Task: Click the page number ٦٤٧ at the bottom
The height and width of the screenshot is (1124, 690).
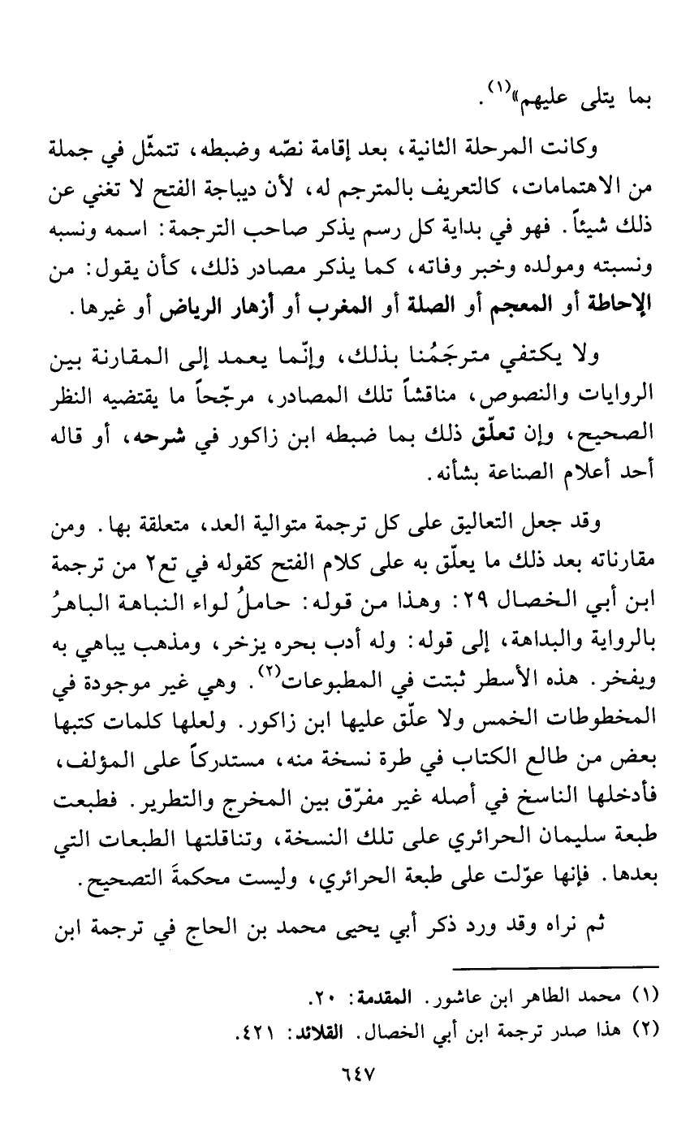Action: click(352, 1074)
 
